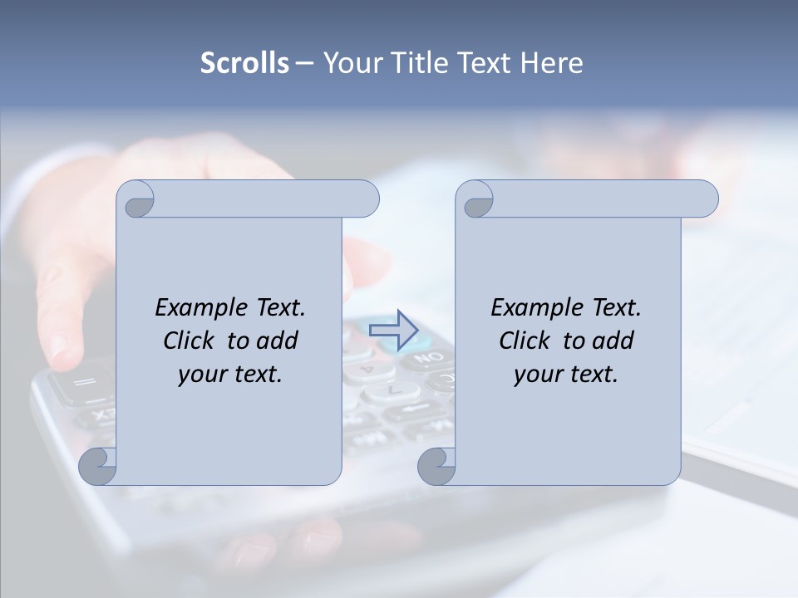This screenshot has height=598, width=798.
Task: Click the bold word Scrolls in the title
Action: coord(244,63)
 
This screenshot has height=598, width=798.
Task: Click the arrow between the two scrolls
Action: coord(393,330)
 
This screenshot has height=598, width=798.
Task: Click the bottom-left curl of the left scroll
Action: coord(98,467)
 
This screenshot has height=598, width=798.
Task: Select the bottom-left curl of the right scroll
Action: coord(437,467)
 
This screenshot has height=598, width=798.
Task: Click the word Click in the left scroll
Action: coord(189,341)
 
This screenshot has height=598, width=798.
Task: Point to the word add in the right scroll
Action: coord(611,341)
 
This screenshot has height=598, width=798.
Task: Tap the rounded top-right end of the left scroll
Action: coord(366,199)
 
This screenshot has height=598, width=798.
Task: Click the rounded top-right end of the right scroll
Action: coord(705,199)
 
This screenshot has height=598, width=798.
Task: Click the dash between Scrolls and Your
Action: coord(305,63)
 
